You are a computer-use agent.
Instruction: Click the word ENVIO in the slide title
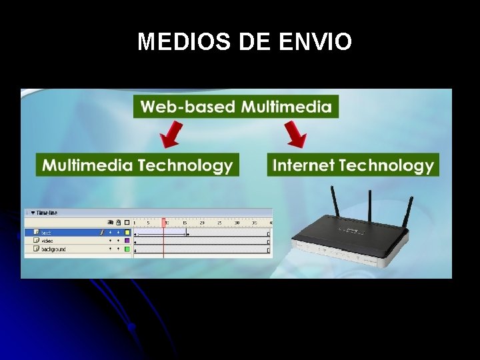315,42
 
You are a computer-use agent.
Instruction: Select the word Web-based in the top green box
187,107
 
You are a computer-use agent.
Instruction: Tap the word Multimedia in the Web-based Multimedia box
286,107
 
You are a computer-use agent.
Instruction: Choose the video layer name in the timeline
47,241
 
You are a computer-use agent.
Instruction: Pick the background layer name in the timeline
53,249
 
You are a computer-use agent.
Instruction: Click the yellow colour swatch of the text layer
127,233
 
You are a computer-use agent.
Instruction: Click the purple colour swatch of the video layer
127,241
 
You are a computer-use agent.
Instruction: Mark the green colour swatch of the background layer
127,249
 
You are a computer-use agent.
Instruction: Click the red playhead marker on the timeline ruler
163,223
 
